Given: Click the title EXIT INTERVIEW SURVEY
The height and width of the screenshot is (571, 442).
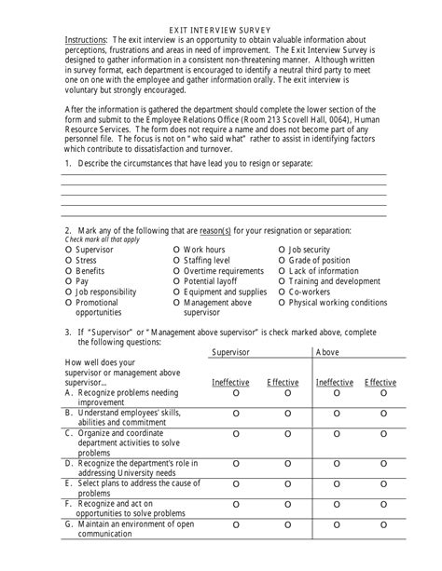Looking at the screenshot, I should [222, 30].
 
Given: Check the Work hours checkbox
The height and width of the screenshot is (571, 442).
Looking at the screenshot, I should [177, 251].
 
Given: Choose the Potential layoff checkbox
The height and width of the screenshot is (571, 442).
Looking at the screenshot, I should [177, 281].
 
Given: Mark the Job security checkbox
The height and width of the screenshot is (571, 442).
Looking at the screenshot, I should [283, 251].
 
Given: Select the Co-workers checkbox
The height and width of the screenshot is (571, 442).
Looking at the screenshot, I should [283, 292].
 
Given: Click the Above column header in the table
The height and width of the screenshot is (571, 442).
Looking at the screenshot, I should [328, 353].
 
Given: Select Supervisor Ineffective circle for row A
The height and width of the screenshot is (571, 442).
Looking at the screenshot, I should [235, 394].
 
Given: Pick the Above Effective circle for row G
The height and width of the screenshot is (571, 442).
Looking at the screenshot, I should [383, 527].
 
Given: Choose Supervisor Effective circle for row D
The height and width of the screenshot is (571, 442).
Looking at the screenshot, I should [287, 460].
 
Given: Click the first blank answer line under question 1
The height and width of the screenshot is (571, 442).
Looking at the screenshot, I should [223, 174].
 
